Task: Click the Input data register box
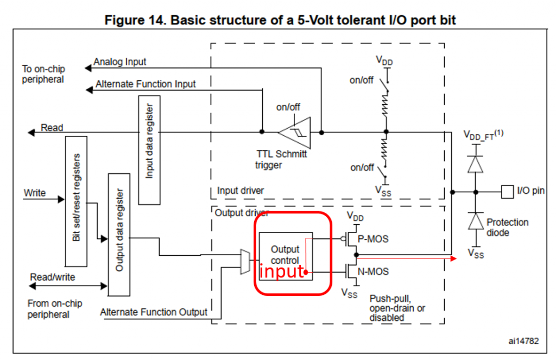click(149, 150)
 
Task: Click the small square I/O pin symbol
click(507, 191)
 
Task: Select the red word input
click(281, 271)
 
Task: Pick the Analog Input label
click(119, 62)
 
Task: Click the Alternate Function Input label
click(146, 84)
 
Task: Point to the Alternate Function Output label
click(154, 312)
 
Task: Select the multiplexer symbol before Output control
click(244, 261)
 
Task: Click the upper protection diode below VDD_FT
click(476, 163)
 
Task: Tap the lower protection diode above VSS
click(476, 221)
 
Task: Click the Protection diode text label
click(507, 227)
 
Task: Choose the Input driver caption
click(241, 191)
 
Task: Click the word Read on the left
click(52, 128)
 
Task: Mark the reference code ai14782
click(523, 341)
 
